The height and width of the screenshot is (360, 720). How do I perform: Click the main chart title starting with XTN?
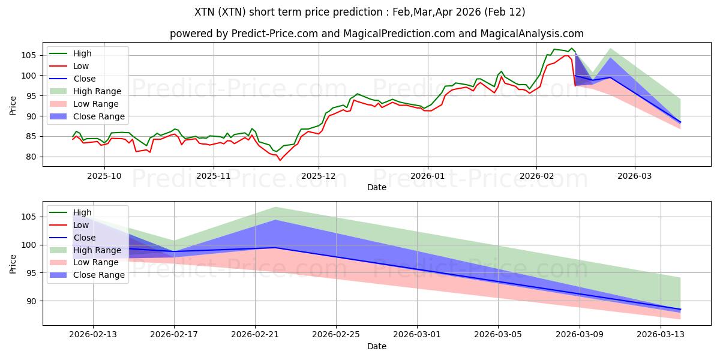(x=360, y=12)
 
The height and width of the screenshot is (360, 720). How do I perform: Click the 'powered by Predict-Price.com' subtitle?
(x=377, y=34)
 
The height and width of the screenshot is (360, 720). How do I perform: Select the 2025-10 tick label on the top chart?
(x=104, y=176)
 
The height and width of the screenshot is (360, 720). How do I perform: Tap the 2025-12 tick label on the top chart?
(x=319, y=176)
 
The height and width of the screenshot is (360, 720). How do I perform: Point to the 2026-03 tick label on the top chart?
(x=635, y=176)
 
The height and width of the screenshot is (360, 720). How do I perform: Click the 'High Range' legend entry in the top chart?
(x=97, y=91)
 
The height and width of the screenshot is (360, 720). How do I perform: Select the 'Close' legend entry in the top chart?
(x=85, y=79)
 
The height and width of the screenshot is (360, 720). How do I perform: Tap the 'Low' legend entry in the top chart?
(x=82, y=66)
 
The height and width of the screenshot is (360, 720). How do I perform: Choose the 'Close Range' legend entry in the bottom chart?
(x=99, y=275)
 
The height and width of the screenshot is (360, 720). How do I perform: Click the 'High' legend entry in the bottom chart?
(x=82, y=212)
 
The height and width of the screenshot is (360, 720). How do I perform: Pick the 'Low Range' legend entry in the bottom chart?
(x=96, y=262)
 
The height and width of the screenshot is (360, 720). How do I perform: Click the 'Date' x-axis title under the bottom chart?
(x=377, y=346)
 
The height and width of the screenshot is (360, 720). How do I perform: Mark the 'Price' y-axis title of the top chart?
(x=13, y=106)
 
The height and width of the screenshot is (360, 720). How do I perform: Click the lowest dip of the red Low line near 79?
(x=280, y=160)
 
